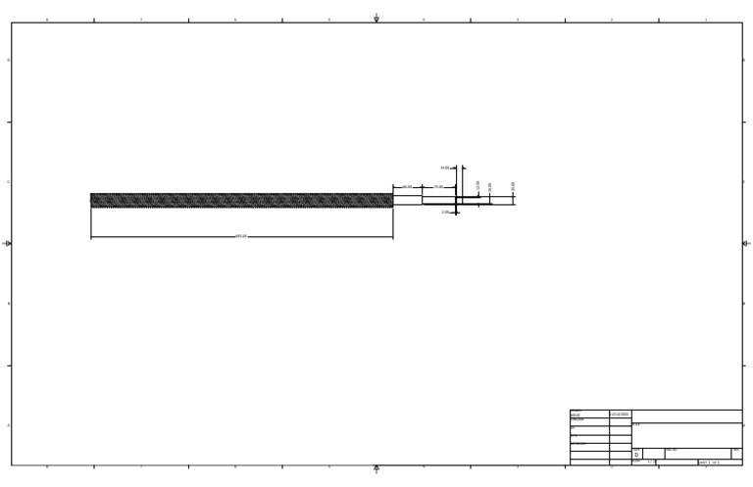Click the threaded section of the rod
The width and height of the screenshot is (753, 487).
[x=241, y=200]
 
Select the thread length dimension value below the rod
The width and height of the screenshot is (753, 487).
[x=241, y=236]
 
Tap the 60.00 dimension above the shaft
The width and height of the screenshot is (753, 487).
[x=407, y=186]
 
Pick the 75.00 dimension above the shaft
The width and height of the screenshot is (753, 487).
[x=438, y=186]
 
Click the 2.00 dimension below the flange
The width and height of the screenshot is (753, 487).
[x=445, y=212]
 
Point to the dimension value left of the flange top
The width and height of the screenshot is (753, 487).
[x=445, y=168]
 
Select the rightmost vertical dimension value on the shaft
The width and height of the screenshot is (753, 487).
[x=513, y=186]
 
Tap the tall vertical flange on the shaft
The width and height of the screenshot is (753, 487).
[x=456, y=191]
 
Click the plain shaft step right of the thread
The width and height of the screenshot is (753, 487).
[x=407, y=200]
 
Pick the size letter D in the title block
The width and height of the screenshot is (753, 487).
[x=636, y=455]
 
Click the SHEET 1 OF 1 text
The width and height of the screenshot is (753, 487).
[x=709, y=463]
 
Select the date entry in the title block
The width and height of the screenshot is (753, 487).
[x=620, y=414]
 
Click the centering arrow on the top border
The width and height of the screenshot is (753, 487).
[x=376, y=19]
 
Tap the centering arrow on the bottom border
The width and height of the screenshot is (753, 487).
[x=376, y=469]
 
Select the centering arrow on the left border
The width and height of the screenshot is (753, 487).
[x=8, y=243]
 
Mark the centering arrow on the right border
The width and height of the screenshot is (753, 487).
[x=746, y=243]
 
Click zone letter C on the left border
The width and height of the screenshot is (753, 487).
[x=9, y=182]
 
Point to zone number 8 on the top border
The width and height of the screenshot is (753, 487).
[x=46, y=20]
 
